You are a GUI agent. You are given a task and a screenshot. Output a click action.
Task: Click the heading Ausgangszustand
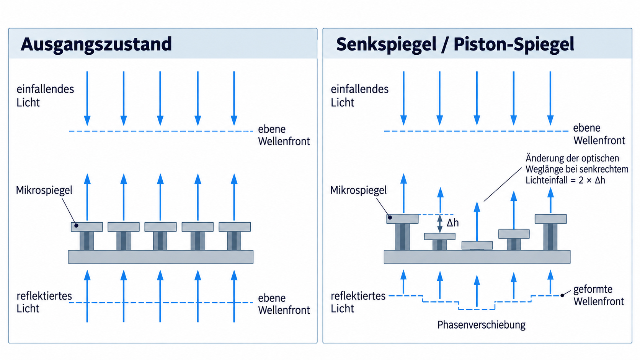coord(96,44)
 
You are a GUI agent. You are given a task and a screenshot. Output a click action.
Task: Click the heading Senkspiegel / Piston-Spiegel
coord(455,44)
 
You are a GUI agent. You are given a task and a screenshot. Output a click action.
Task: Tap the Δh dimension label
coord(452,223)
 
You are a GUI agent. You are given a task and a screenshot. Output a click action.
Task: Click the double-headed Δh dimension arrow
coord(440,223)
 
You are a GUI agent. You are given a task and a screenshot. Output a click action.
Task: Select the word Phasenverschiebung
coord(482,325)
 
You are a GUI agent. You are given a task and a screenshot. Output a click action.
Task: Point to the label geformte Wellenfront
coord(599,295)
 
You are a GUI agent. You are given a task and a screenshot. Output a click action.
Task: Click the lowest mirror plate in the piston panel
coord(477,245)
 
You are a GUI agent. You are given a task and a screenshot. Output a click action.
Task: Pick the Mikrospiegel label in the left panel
coord(44,190)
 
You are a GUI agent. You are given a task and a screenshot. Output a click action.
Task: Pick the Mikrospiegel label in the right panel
coord(358,190)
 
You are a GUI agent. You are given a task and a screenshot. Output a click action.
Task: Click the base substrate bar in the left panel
coord(160,257)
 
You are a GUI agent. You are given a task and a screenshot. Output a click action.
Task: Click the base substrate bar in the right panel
coord(477,257)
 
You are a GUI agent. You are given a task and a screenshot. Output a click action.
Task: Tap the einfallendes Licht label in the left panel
coord(45,96)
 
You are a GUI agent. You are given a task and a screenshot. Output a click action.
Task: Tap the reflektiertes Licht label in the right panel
coord(358,302)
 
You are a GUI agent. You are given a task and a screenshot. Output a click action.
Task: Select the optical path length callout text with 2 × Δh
coord(577,169)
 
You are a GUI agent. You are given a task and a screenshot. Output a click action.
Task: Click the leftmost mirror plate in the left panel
coord(87,227)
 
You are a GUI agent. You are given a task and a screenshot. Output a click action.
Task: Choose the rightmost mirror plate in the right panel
coord(550,219)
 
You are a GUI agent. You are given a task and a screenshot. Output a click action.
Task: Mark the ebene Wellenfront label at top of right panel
coord(599,134)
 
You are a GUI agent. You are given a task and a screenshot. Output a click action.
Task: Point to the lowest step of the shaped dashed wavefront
coord(477,309)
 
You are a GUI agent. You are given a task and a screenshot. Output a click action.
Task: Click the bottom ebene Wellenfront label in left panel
coord(284,304)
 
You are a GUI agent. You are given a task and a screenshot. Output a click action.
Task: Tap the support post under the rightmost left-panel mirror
coord(234,241)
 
